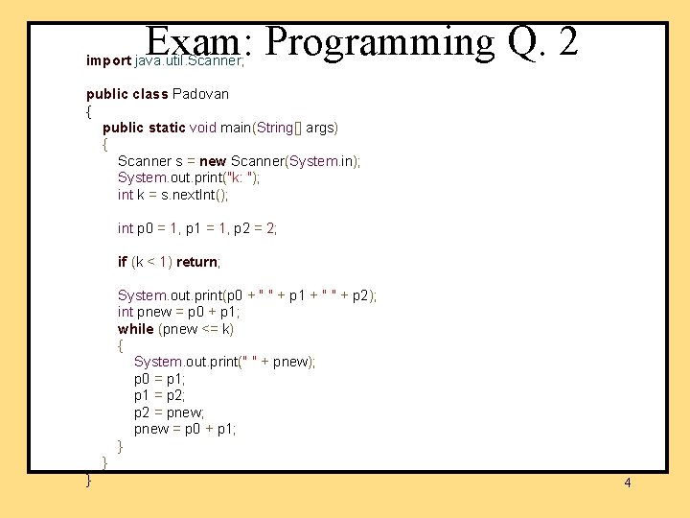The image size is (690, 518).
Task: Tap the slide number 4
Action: point(628,483)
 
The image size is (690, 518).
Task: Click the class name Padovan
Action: point(200,94)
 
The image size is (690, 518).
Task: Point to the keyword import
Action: point(108,60)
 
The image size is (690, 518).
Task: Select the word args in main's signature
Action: point(321,128)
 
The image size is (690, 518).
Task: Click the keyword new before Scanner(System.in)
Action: point(213,161)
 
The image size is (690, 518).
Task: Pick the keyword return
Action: point(197,262)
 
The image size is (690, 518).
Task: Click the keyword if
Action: point(123,262)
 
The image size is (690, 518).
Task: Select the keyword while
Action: point(135,329)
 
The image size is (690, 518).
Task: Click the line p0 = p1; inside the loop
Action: point(159,379)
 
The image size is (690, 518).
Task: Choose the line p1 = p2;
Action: point(159,395)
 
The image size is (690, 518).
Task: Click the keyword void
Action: point(203,128)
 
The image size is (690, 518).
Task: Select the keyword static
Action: point(168,128)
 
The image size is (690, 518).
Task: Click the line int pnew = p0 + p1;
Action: point(178,312)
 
